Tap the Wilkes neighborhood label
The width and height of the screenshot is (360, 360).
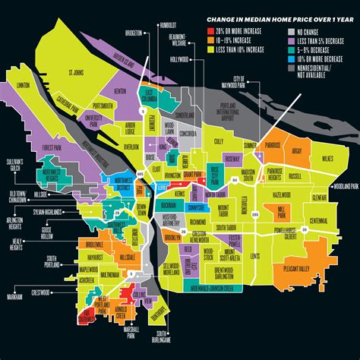click(x=326, y=157)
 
